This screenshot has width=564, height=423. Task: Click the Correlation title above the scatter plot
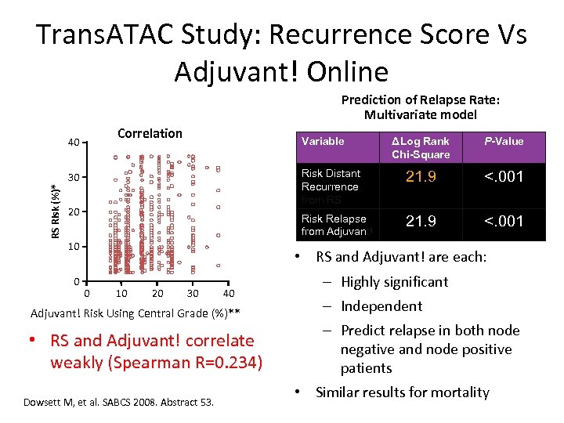(150, 133)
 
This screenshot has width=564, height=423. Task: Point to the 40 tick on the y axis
(74, 143)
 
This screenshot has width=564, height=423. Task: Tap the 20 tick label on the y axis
(74, 212)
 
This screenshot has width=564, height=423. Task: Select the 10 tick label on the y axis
(74, 247)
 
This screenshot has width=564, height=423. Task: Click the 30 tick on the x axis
(193, 293)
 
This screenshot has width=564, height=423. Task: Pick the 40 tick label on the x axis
(228, 293)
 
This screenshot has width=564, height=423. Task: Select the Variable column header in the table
(323, 141)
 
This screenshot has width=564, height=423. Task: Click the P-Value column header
(503, 141)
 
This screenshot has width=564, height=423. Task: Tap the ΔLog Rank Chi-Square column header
(421, 147)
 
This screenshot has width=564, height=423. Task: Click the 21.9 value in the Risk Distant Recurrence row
(421, 177)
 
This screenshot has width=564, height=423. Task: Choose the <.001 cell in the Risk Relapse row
(503, 222)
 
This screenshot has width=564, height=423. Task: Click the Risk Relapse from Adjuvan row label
(334, 225)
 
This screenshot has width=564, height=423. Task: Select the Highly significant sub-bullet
(395, 282)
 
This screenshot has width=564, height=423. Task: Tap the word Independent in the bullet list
(381, 306)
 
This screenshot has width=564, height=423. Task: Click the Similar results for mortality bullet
(402, 392)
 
